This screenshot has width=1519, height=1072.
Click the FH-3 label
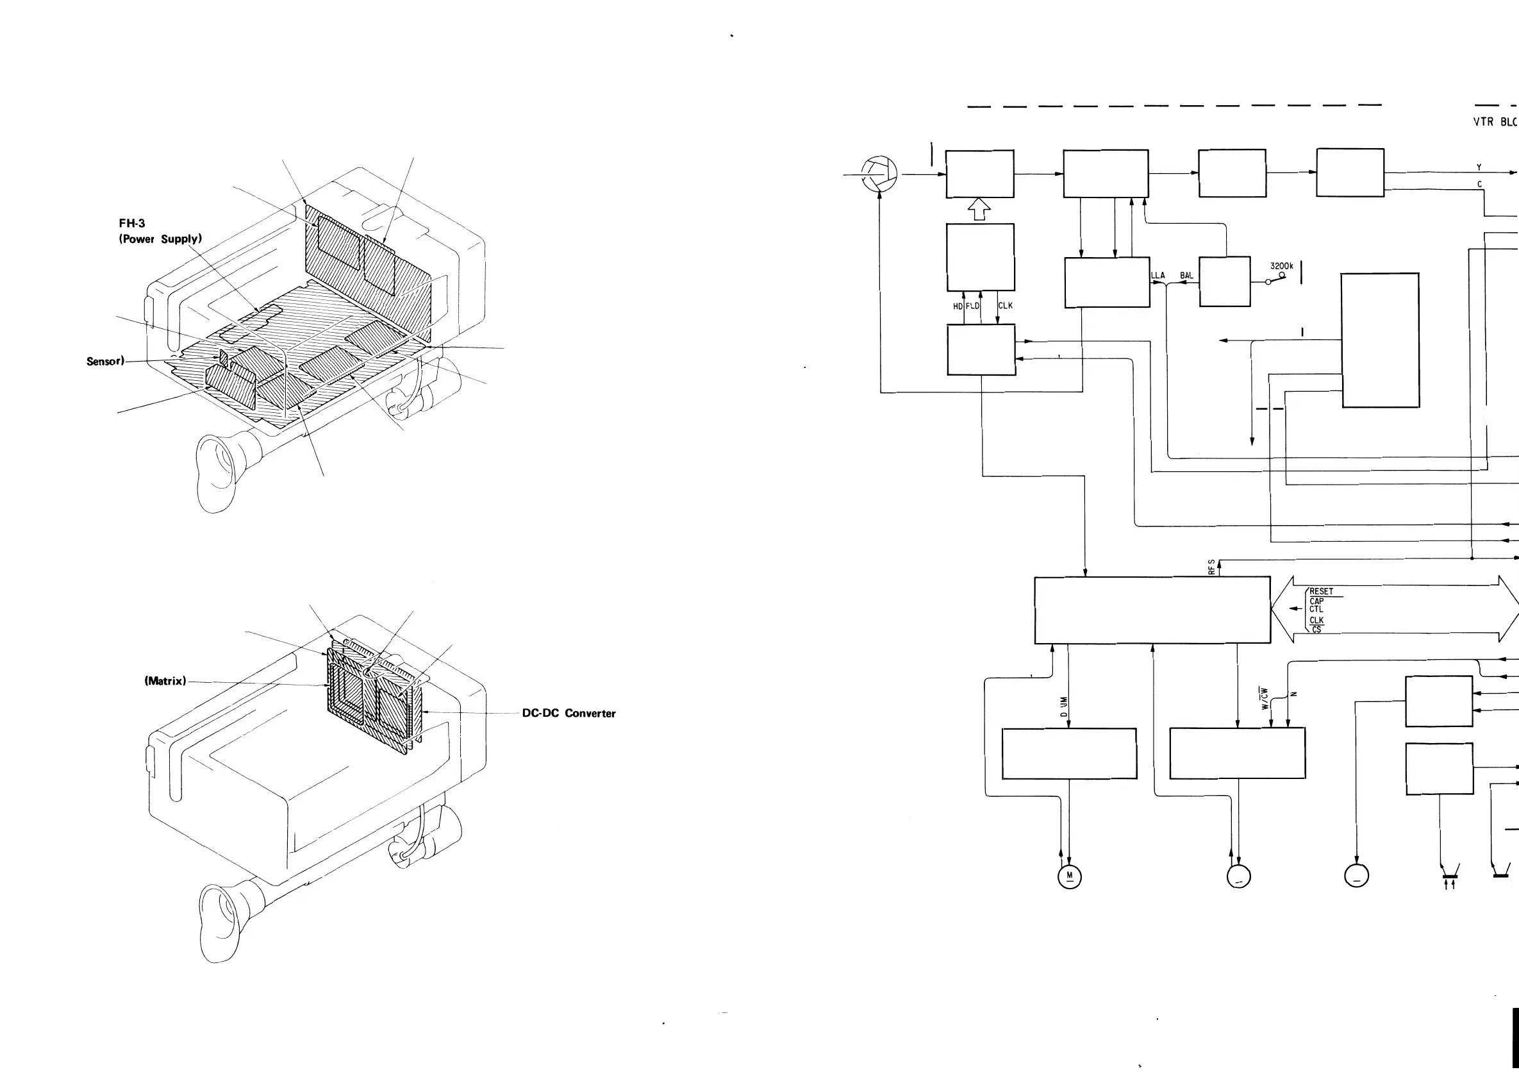coord(131,224)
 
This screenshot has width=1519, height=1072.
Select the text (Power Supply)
coord(160,239)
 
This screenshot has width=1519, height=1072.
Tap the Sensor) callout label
coord(105,362)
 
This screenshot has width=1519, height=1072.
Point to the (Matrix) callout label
coord(165,681)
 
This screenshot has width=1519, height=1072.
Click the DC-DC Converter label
coord(569,714)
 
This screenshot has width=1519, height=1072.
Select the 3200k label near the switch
coord(1281,266)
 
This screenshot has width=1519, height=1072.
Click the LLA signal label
coord(1158,275)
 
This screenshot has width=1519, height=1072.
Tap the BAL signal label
coord(1187,275)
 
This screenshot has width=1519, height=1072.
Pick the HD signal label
coord(958,306)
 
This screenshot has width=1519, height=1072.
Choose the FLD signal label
coord(972,306)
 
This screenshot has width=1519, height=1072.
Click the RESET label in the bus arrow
coord(1321,592)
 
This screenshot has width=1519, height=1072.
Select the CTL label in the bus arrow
coord(1316,610)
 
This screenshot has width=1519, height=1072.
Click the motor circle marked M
coord(1070,877)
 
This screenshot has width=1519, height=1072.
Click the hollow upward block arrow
coord(979,210)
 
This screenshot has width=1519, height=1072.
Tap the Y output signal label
coord(1479,167)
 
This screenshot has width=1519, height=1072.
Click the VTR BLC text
coord(1495,122)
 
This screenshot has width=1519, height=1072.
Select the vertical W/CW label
coord(1265,698)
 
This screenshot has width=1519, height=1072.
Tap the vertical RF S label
coord(1211,567)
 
